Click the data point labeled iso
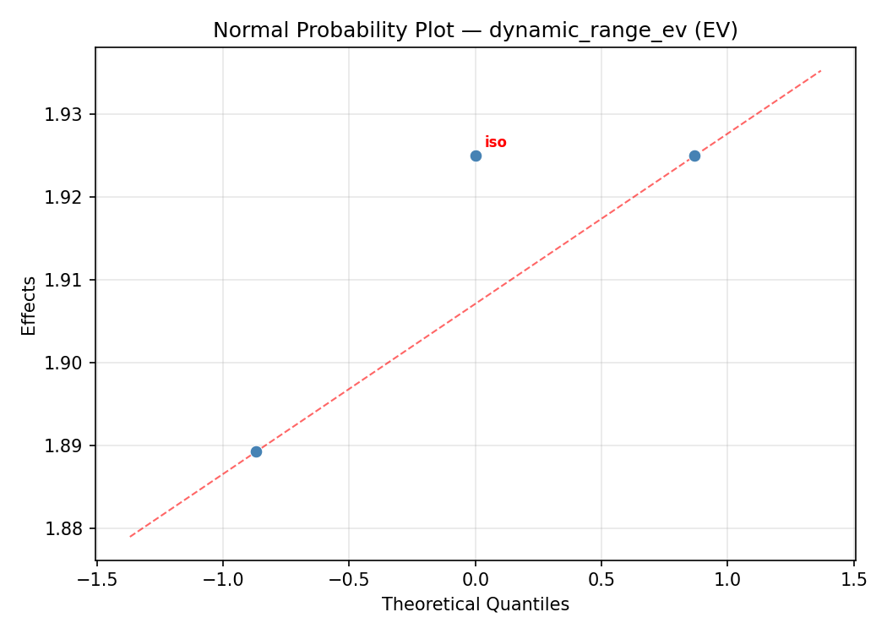click(476, 156)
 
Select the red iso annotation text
click(496, 142)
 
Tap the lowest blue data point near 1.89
click(256, 451)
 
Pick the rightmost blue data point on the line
click(694, 156)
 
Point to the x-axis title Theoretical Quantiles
click(475, 604)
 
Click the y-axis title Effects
click(30, 305)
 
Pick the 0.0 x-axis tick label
click(476, 579)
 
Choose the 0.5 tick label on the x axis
click(601, 579)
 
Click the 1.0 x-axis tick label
click(727, 579)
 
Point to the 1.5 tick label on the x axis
click(854, 579)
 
